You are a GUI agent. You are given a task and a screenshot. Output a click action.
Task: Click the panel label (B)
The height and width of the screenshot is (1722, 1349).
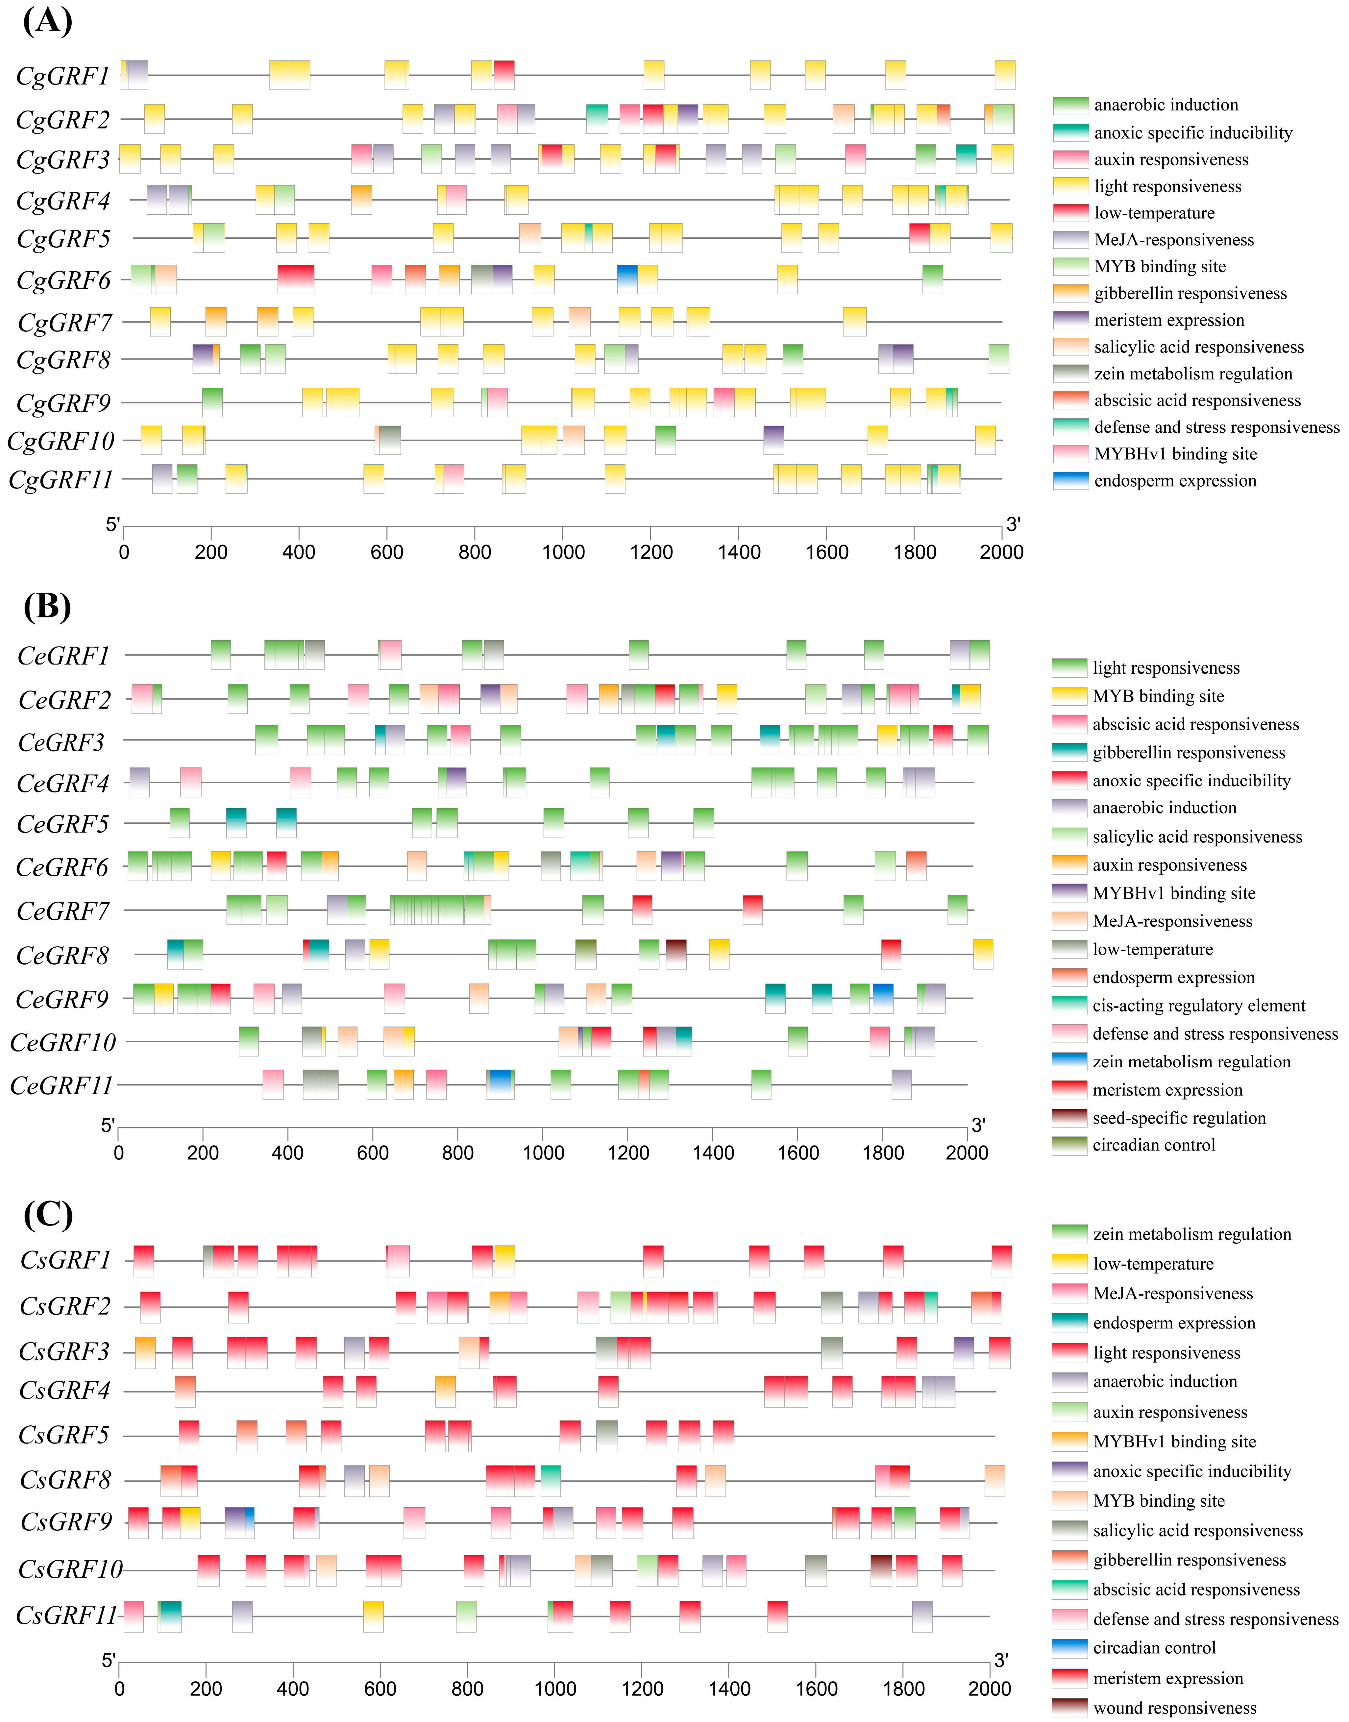[47, 606]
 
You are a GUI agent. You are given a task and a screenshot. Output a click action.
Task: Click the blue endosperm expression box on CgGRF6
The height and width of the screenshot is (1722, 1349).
[627, 279]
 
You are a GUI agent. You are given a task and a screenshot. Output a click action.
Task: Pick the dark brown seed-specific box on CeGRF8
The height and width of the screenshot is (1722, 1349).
[676, 954]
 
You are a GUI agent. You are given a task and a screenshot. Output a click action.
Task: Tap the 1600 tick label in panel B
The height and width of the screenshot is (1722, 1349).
[798, 1153]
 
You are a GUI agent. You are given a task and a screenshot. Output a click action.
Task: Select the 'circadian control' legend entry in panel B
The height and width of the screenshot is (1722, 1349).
[1153, 1145]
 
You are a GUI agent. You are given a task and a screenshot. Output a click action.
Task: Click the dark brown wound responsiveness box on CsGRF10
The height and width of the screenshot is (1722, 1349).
[881, 1569]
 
